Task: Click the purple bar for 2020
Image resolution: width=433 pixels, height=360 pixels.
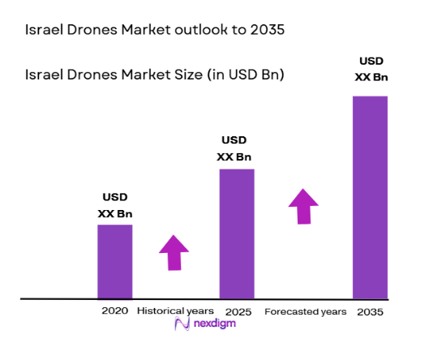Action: point(114,261)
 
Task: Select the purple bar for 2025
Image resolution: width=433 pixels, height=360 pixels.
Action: point(237,234)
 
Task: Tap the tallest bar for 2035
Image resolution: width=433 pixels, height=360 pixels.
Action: point(370,197)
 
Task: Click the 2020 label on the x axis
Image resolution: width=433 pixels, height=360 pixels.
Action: point(114,311)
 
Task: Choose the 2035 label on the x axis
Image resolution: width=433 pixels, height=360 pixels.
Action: point(370,311)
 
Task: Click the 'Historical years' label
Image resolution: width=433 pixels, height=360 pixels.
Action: point(175,311)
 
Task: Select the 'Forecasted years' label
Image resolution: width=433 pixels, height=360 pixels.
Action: point(306,311)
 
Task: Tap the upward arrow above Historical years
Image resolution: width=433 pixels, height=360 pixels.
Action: point(173,252)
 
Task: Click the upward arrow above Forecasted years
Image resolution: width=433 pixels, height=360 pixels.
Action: point(304,206)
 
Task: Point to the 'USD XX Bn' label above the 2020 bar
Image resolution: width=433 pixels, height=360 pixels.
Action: point(114,205)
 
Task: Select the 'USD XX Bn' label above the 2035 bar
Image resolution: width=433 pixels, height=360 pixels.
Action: point(370,70)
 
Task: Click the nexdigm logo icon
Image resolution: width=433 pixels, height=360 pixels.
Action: point(182,325)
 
